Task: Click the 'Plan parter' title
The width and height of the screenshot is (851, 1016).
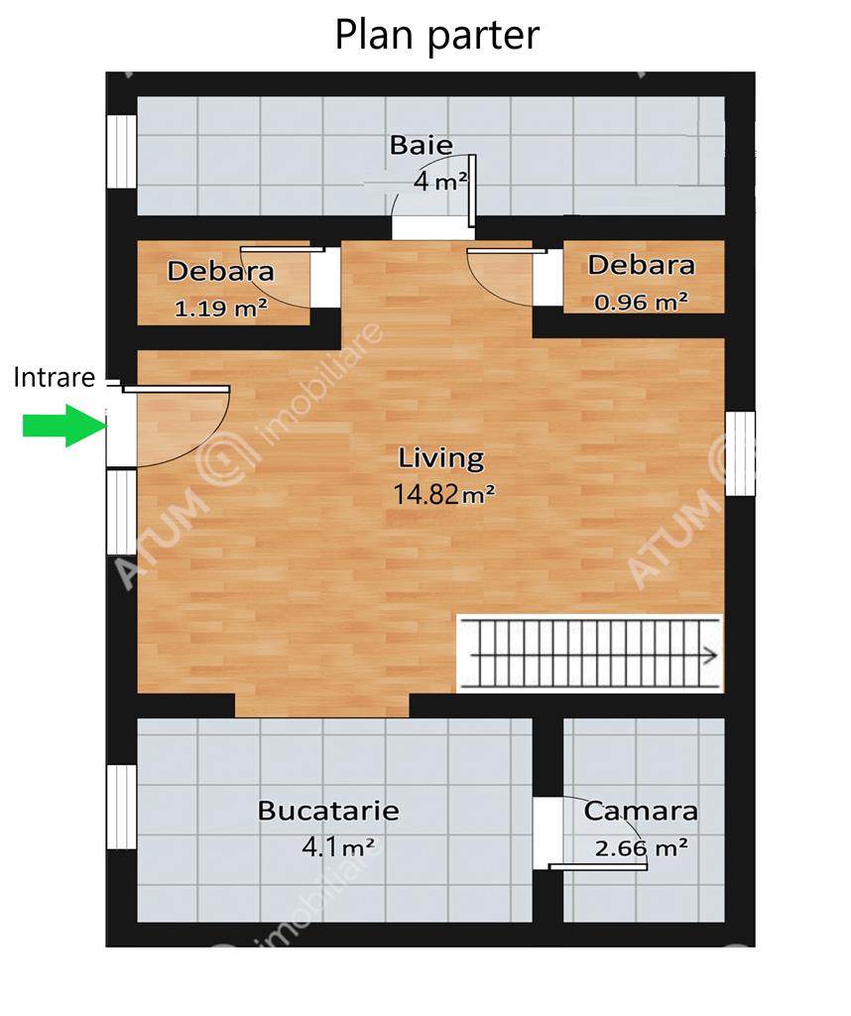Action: click(x=437, y=36)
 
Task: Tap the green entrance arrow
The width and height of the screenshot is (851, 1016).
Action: click(x=64, y=425)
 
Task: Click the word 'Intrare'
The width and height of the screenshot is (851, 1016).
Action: click(x=55, y=377)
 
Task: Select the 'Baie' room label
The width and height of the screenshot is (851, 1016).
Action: click(x=421, y=145)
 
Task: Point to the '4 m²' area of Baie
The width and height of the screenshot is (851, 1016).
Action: click(x=440, y=181)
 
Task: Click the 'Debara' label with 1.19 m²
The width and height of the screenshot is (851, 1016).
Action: click(x=221, y=271)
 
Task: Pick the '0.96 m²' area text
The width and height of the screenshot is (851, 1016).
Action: click(x=641, y=302)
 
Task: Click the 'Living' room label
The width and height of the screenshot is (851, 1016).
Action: click(x=441, y=458)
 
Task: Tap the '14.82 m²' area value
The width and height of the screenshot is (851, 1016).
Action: click(x=445, y=494)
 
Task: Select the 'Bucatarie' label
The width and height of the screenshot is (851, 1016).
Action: click(x=328, y=811)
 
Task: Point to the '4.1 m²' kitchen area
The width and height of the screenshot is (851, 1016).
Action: click(x=338, y=846)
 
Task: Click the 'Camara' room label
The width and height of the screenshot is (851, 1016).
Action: click(x=641, y=812)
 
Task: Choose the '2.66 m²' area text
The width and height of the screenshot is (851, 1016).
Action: click(x=642, y=847)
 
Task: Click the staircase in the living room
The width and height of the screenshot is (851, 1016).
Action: click(x=590, y=653)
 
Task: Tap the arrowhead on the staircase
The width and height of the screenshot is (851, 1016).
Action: click(x=711, y=655)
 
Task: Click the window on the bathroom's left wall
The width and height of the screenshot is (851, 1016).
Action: click(x=121, y=152)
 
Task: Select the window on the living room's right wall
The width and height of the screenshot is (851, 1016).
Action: click(x=740, y=453)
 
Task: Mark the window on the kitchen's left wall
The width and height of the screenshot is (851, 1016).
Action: click(x=121, y=807)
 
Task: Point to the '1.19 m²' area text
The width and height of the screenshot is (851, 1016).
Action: click(x=221, y=308)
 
